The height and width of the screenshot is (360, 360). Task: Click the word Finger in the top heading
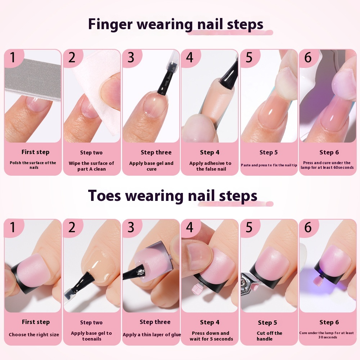pos(110,24)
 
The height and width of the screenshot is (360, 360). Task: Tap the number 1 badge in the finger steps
pos(13,58)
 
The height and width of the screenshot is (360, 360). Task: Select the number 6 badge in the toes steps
pos(308,228)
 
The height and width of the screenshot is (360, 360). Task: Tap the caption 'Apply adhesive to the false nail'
pos(211,166)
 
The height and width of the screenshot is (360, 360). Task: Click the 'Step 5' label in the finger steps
pos(269,152)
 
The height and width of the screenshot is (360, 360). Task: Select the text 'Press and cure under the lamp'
pos(327,165)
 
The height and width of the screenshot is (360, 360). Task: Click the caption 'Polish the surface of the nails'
pos(33,165)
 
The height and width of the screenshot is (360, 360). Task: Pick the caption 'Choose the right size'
pos(34,334)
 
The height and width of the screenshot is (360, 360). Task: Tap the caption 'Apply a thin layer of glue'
pos(152,334)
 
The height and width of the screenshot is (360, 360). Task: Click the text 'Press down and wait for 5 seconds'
pos(211,336)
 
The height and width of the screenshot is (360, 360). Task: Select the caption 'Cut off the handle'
pos(269,336)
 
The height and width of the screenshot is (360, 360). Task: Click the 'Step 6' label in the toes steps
pos(329,322)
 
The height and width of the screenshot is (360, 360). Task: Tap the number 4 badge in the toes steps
pos(190,228)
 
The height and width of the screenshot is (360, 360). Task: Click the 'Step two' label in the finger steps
pos(91,153)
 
